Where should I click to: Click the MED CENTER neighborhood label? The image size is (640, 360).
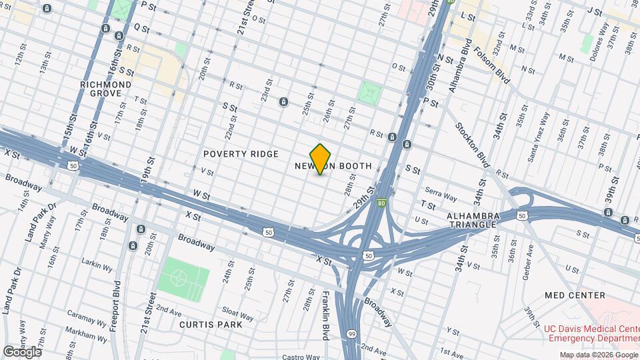coord(574,295)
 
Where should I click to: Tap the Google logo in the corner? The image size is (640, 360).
coord(22,351)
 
